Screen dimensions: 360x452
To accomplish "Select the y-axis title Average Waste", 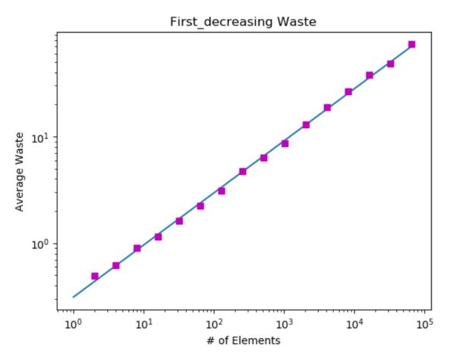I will (19, 172).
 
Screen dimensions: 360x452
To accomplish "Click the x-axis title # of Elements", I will (244, 341).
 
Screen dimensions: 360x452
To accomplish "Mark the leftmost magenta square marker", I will (94, 276).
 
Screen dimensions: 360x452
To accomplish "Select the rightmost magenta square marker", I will (412, 44).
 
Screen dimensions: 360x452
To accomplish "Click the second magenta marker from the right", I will (391, 64).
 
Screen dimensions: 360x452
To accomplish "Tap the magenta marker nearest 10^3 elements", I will (285, 143).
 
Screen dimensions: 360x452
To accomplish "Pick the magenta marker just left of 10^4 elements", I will (348, 91).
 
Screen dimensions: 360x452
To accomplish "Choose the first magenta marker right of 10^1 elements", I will (158, 237).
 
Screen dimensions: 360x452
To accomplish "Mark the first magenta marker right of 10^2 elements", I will (221, 191).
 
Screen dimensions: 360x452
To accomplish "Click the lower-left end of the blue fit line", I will (73, 297).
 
